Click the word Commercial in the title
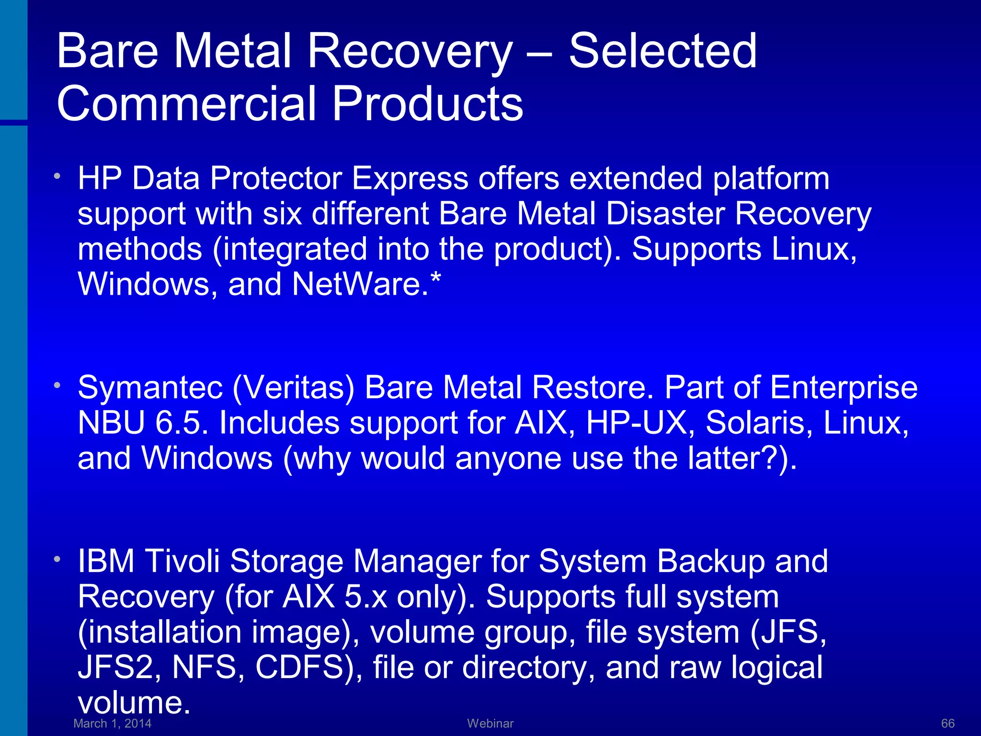click(186, 103)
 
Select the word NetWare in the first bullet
click(357, 284)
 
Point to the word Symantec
click(150, 388)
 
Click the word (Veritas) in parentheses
click(293, 388)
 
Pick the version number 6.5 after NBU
click(182, 423)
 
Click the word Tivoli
click(182, 561)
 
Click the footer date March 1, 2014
click(113, 724)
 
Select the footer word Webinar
click(490, 724)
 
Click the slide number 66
click(947, 724)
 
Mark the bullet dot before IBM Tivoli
click(57, 559)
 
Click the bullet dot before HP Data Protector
click(57, 176)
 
